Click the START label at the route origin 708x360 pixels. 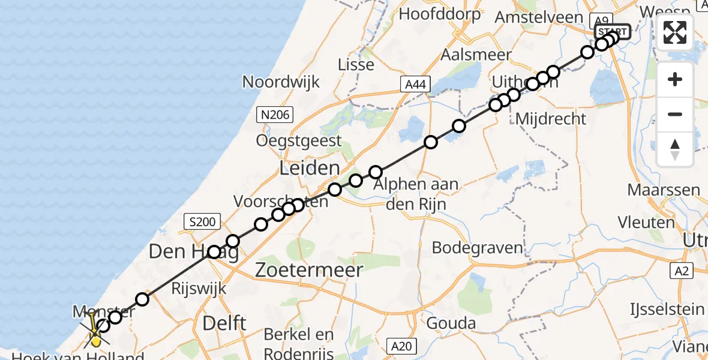pyautogui.click(x=613, y=32)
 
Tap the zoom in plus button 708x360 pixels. pyautogui.click(x=675, y=80)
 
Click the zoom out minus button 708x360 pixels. pyautogui.click(x=675, y=114)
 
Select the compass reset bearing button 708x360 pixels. pyautogui.click(x=675, y=149)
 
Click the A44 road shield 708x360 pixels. pyautogui.click(x=416, y=85)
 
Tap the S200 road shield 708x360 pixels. pyautogui.click(x=201, y=222)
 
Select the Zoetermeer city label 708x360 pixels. pyautogui.click(x=309, y=270)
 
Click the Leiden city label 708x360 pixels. pyautogui.click(x=310, y=168)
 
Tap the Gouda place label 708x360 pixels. pyautogui.click(x=451, y=324)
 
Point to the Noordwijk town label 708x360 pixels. pyautogui.click(x=281, y=82)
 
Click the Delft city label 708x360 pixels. pyautogui.click(x=224, y=323)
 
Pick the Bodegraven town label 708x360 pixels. pyautogui.click(x=477, y=247)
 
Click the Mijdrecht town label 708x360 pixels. pyautogui.click(x=551, y=118)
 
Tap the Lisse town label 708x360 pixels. pyautogui.click(x=356, y=64)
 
